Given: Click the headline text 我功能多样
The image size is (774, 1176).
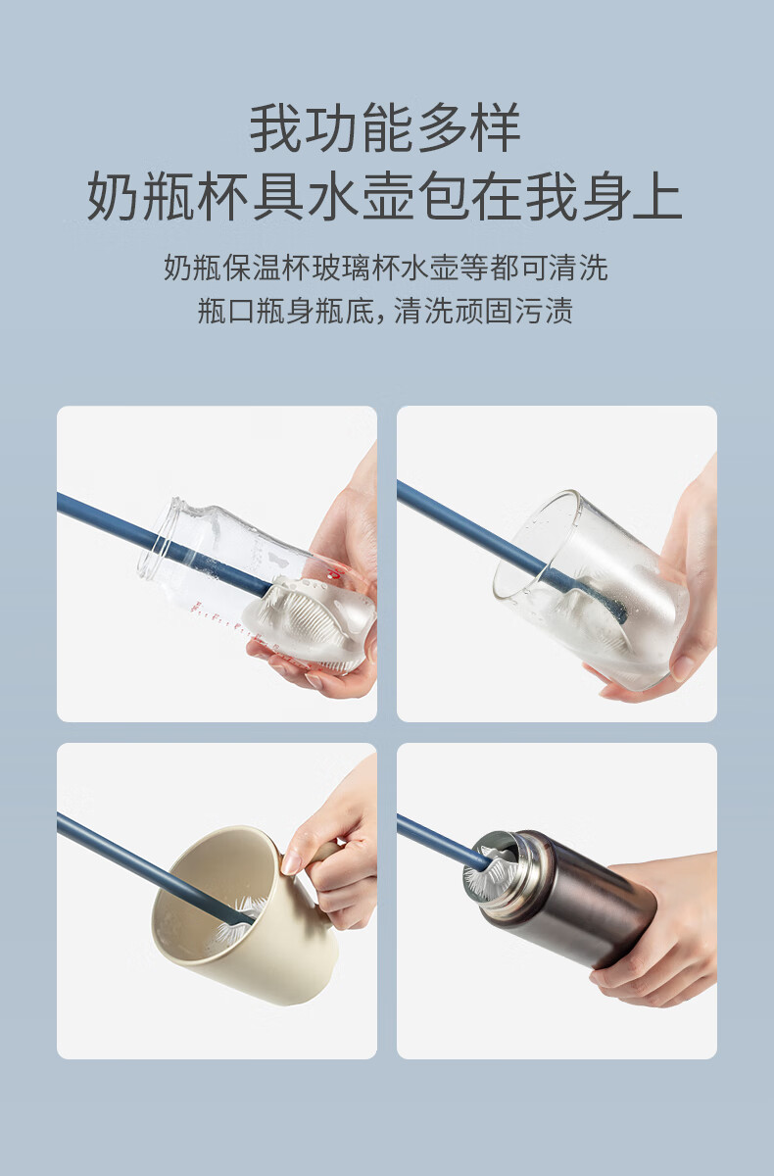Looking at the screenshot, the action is point(386,127).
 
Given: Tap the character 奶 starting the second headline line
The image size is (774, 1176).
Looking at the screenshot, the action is point(114,195).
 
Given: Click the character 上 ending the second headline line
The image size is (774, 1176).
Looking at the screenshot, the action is point(658,195).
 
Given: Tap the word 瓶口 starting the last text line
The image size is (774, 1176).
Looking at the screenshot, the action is point(226,311).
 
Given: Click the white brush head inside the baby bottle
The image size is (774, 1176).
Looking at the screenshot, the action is point(310,622).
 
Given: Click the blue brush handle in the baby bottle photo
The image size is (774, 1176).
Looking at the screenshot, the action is point(163,542).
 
